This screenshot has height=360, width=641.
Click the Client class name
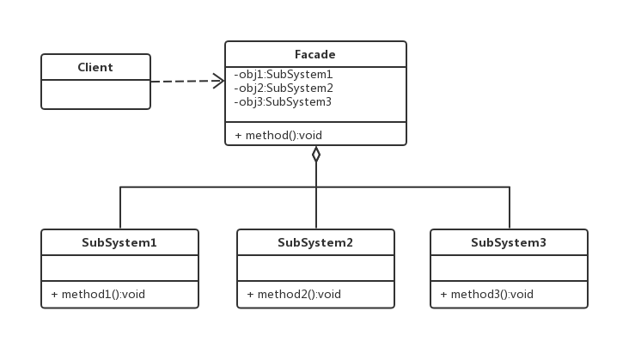point(95,67)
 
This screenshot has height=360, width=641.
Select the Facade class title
point(315,54)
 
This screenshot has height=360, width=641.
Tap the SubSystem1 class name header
point(119,242)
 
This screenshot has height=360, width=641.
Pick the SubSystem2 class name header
point(315,242)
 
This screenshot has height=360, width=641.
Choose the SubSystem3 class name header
point(509,242)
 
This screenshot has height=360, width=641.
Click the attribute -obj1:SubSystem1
point(283,75)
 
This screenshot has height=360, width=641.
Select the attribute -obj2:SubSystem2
point(283,88)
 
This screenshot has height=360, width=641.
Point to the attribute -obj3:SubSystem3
point(283,101)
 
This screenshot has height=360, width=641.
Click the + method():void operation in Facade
point(279,135)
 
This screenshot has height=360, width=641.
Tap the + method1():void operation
point(98,294)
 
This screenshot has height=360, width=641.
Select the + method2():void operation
point(294,294)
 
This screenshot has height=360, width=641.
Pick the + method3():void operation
point(487,294)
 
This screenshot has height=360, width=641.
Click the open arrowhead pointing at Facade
point(218,81)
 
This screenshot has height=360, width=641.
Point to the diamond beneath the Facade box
point(316,155)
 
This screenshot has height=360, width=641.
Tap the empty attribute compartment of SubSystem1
point(119,268)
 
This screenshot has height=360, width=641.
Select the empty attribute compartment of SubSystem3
point(509,268)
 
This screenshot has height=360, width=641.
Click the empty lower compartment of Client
point(95,95)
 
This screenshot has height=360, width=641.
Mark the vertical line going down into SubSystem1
point(120,208)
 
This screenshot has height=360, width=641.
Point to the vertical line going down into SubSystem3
point(510,208)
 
